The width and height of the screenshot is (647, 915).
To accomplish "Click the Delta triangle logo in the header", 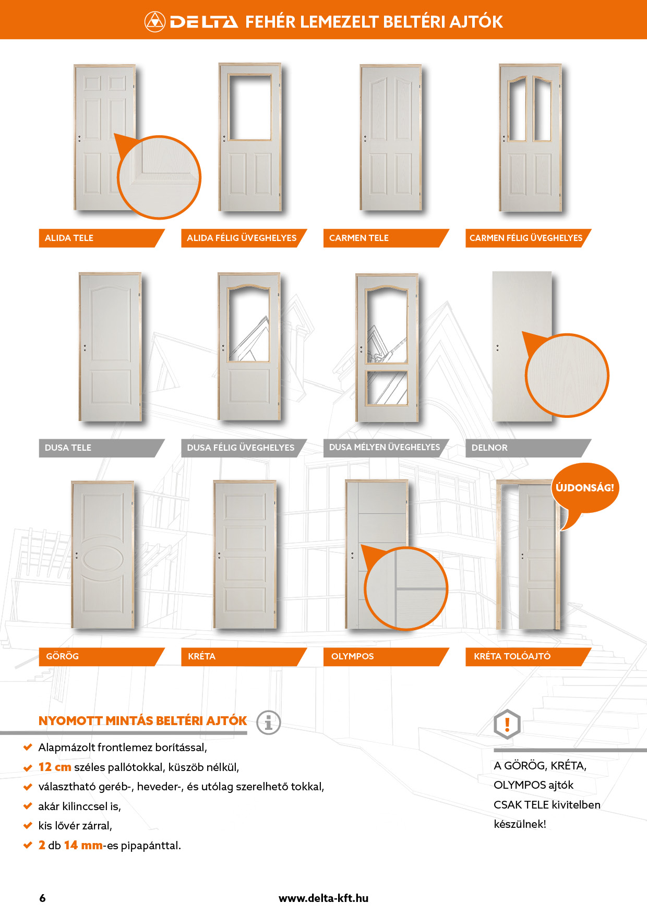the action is [x=154, y=21].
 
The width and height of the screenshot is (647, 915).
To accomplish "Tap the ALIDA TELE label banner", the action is [x=102, y=238].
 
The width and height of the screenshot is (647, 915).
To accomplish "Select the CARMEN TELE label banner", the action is [x=386, y=238].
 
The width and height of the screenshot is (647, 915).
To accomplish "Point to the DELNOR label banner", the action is [x=529, y=448].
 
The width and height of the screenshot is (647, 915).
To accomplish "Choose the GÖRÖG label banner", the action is [x=102, y=657].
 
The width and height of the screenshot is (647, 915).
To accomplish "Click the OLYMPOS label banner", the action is [x=386, y=657].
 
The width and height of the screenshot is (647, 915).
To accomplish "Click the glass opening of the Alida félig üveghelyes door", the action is [x=250, y=107].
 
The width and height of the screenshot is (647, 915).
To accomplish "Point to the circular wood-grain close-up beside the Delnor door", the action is [x=567, y=376].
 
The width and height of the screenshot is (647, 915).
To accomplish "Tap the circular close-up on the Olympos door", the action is [x=406, y=588].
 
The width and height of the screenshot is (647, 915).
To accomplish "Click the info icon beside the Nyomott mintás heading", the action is [x=269, y=723].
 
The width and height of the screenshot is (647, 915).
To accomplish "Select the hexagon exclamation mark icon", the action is [x=507, y=724].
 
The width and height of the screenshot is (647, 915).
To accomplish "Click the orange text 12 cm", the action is [x=55, y=767].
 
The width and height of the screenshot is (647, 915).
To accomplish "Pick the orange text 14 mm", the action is [x=83, y=846].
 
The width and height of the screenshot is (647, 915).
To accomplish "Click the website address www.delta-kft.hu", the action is [x=323, y=898].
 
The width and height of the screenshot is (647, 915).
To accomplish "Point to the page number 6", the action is [x=42, y=898].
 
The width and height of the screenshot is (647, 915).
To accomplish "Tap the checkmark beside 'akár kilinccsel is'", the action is [x=28, y=806].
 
